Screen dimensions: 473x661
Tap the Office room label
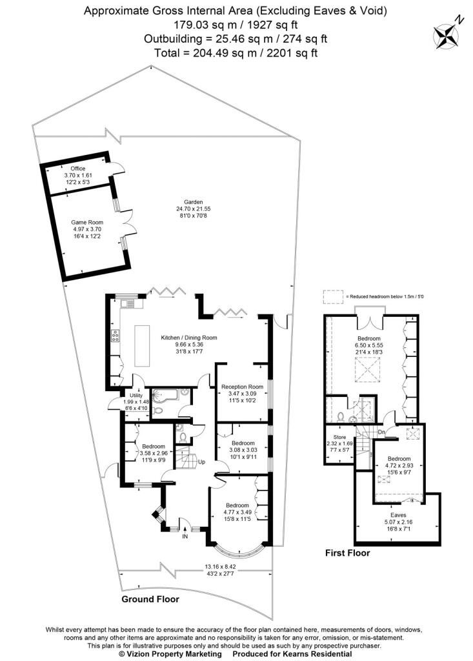[x=78, y=168]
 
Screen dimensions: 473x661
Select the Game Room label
[x=87, y=223]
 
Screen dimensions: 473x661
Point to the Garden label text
[x=193, y=202]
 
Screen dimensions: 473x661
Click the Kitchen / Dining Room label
[x=189, y=338]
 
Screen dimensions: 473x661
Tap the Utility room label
[x=136, y=396]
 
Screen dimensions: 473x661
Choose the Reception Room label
[x=243, y=387]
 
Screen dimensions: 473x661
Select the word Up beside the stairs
[x=201, y=462]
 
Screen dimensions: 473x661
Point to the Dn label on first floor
[x=381, y=432]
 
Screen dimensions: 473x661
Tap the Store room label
[x=339, y=437]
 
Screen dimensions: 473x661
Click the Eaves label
[x=398, y=515]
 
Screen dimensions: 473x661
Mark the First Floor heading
[x=347, y=553]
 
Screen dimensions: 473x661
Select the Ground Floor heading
[x=150, y=599]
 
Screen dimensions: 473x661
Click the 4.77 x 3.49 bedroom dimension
[x=237, y=512]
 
